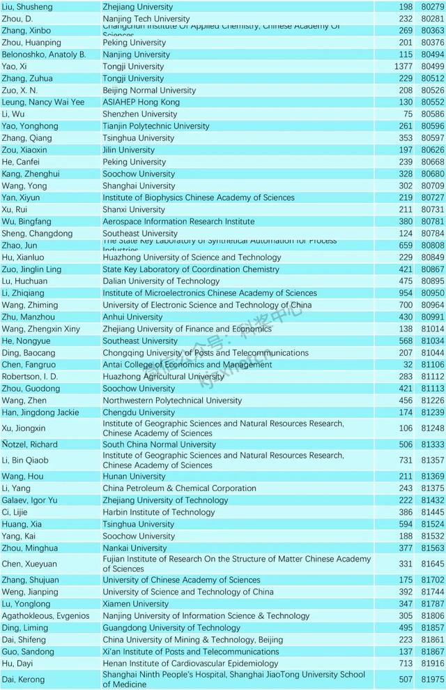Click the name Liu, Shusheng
[27, 7]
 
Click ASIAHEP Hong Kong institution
[141, 102]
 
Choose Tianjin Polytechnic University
[155, 126]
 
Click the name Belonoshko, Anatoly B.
[44, 54]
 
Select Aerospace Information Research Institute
[178, 222]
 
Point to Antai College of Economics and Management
[187, 365]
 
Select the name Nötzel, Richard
[31, 444]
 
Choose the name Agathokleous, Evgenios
[46, 616]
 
